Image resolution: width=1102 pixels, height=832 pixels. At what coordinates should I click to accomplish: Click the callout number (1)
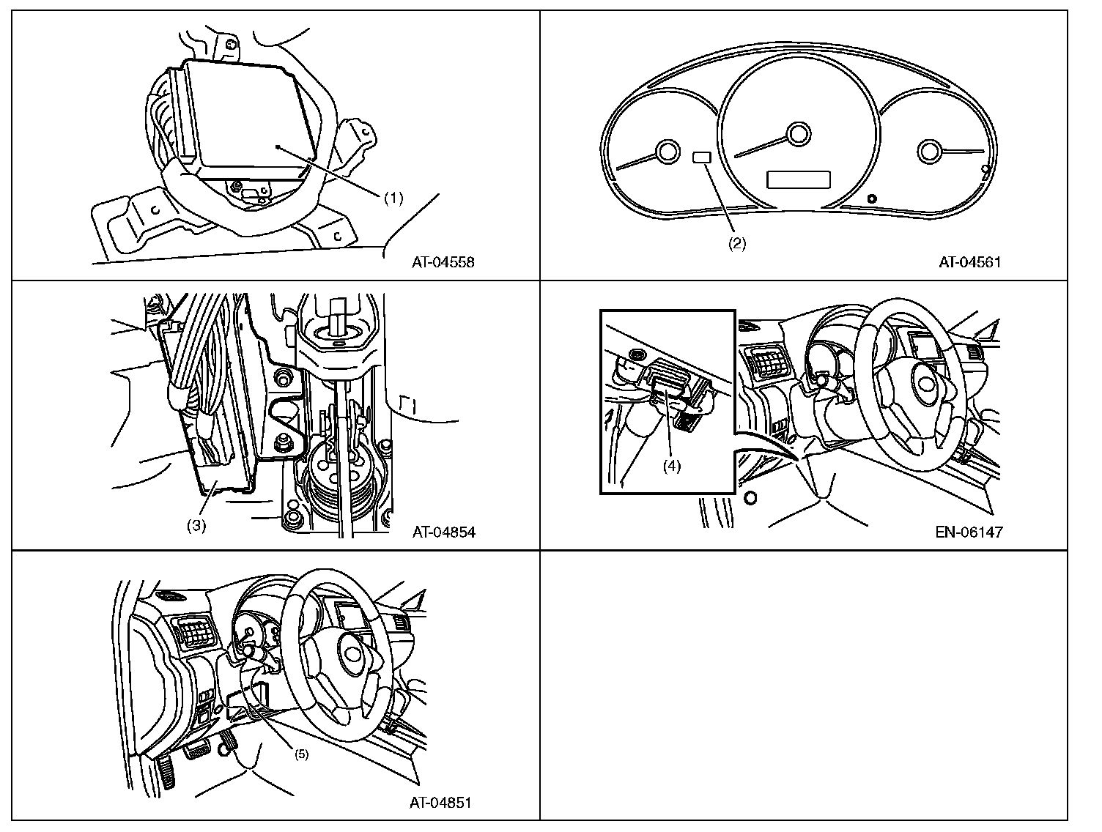393,198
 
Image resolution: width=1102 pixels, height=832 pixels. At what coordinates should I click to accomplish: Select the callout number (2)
736,245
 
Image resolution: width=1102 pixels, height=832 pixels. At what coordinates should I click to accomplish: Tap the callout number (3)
196,525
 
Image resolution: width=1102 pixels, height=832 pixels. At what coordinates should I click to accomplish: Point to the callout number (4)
671,466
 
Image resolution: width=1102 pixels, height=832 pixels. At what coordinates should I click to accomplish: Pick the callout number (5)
301,754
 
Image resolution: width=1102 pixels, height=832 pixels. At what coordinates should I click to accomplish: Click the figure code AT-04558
443,262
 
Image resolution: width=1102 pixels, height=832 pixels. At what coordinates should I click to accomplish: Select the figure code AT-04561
970,262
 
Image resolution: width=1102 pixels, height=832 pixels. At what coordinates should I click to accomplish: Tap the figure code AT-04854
443,532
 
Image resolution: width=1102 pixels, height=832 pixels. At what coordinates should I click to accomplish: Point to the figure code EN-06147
969,532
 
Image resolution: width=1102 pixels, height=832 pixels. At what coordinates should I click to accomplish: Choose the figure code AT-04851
440,803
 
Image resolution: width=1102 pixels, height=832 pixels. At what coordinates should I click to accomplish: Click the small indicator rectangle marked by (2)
701,157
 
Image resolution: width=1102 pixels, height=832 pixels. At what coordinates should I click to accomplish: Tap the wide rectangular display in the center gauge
798,179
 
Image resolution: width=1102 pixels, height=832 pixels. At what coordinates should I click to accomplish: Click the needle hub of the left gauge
668,152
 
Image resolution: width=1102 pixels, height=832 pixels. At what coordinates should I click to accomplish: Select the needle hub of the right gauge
928,152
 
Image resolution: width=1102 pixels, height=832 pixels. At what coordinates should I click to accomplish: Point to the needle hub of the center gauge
799,134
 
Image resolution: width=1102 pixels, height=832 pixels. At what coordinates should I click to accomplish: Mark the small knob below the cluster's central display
871,198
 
